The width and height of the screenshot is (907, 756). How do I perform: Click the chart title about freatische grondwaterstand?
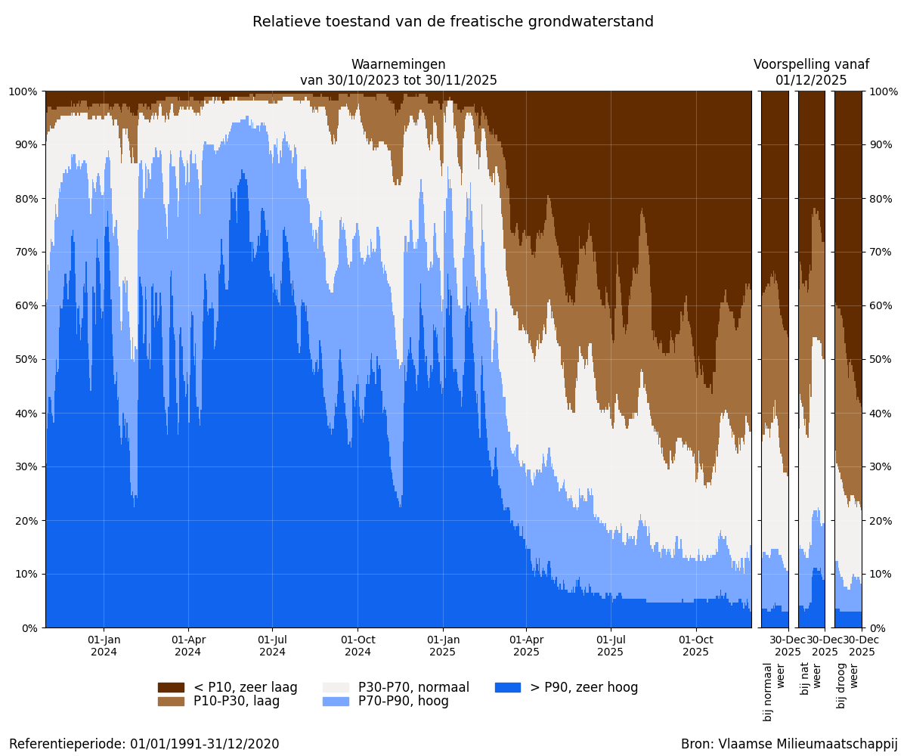tap(453, 22)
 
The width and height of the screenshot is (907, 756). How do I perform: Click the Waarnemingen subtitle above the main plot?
tap(398, 73)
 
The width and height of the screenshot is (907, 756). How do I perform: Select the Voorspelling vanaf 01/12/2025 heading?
tap(811, 73)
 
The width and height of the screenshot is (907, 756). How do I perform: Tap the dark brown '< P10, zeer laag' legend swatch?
tap(171, 687)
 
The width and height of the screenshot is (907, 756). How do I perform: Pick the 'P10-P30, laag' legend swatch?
tap(171, 702)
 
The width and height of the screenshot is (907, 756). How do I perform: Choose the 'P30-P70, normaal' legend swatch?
tap(336, 687)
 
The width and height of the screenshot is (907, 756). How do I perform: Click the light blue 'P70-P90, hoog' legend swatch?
tap(336, 702)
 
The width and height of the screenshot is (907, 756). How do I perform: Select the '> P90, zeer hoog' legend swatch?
tap(507, 687)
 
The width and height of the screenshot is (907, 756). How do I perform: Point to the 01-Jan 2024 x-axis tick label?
tap(104, 646)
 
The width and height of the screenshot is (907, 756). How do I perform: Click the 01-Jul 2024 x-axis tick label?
tap(273, 646)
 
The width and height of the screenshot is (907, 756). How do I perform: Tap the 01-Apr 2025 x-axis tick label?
tap(527, 646)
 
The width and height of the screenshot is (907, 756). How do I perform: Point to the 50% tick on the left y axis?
tap(24, 359)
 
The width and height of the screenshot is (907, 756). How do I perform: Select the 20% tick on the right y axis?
tap(883, 520)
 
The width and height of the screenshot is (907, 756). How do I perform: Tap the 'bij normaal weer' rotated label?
tap(775, 691)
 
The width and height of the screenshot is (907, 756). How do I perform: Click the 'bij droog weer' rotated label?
tap(848, 685)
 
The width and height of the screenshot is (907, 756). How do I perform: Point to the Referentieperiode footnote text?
tap(144, 744)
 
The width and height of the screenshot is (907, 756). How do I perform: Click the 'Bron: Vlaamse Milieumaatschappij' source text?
tap(789, 744)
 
